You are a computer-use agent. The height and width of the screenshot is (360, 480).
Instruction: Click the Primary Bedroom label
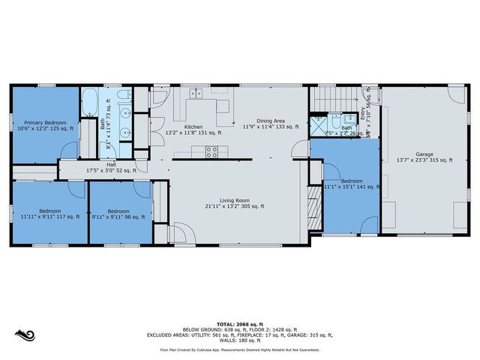point(45,122)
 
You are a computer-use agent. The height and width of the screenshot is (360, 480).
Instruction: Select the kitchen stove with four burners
point(212,151)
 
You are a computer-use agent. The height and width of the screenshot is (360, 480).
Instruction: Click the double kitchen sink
point(196,94)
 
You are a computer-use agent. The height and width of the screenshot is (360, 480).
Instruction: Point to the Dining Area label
point(269,120)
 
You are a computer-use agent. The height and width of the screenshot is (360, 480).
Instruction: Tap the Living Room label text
point(235,200)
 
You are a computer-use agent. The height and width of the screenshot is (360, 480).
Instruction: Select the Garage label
point(424,154)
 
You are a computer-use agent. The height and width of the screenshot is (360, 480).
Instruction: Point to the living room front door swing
point(181,233)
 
